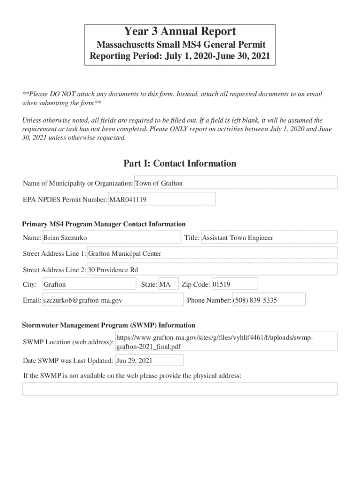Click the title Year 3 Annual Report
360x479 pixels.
coord(180,32)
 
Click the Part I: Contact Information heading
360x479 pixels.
coord(180,164)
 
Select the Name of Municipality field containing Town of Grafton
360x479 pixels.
coord(236,183)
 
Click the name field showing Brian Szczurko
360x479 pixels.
coord(111,238)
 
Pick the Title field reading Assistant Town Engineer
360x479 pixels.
coord(268,238)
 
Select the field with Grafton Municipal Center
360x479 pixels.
coord(212,254)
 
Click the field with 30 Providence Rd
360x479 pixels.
coord(212,270)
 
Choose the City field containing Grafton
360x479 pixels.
coord(89,284)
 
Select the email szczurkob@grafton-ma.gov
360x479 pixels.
coord(113,300)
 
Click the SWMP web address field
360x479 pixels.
coord(226,342)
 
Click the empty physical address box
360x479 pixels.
coord(180,389)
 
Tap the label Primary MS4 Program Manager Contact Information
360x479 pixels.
coord(104,224)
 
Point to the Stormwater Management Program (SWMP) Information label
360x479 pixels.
coord(109,326)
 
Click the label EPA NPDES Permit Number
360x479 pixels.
coord(65,200)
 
